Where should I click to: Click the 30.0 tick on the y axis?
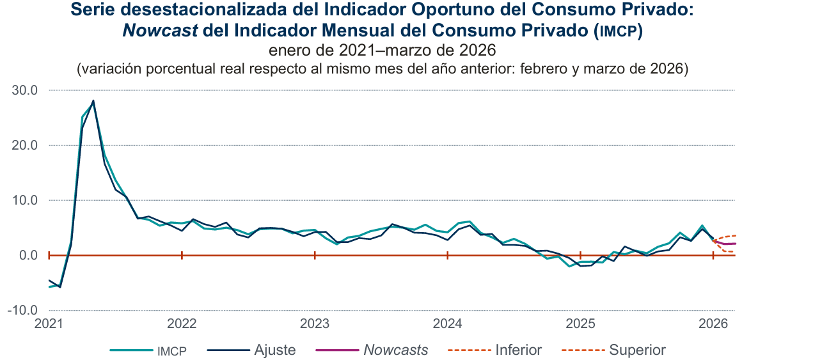26,91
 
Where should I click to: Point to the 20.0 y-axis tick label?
26,146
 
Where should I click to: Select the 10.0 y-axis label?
26,201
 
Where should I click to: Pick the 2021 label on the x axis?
50,324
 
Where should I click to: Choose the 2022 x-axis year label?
182,324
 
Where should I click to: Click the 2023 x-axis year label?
315,324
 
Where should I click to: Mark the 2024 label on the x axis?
448,324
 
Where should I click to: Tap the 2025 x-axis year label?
580,324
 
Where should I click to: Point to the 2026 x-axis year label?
713,324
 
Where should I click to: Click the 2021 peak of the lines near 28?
93,100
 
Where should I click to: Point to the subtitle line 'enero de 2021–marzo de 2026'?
383,51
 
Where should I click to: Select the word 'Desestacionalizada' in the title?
192,10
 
